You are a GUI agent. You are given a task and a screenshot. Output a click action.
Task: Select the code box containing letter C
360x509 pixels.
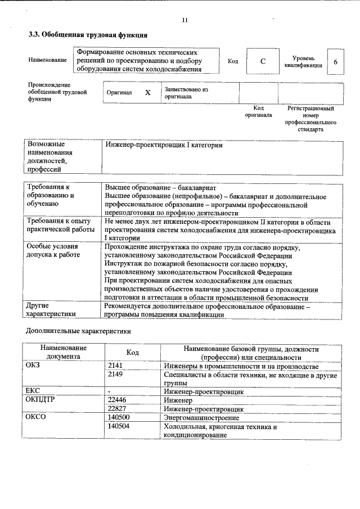(263, 62)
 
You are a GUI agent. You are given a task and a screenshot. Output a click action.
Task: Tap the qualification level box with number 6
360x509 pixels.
(335, 62)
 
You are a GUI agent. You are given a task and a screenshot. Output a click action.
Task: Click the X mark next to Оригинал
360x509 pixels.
(147, 93)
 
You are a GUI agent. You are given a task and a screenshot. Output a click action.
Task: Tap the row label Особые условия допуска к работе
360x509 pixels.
(53, 251)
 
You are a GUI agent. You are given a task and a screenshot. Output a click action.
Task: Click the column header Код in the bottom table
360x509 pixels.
(133, 352)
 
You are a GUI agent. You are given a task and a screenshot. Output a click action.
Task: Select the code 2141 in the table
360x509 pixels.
(115, 366)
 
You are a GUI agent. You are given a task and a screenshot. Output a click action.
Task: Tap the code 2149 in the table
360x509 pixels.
(115, 374)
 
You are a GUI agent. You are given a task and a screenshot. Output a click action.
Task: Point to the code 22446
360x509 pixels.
(117, 400)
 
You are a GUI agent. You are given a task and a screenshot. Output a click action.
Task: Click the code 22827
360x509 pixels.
(117, 408)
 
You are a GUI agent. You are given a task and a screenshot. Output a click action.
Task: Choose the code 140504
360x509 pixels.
(119, 427)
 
